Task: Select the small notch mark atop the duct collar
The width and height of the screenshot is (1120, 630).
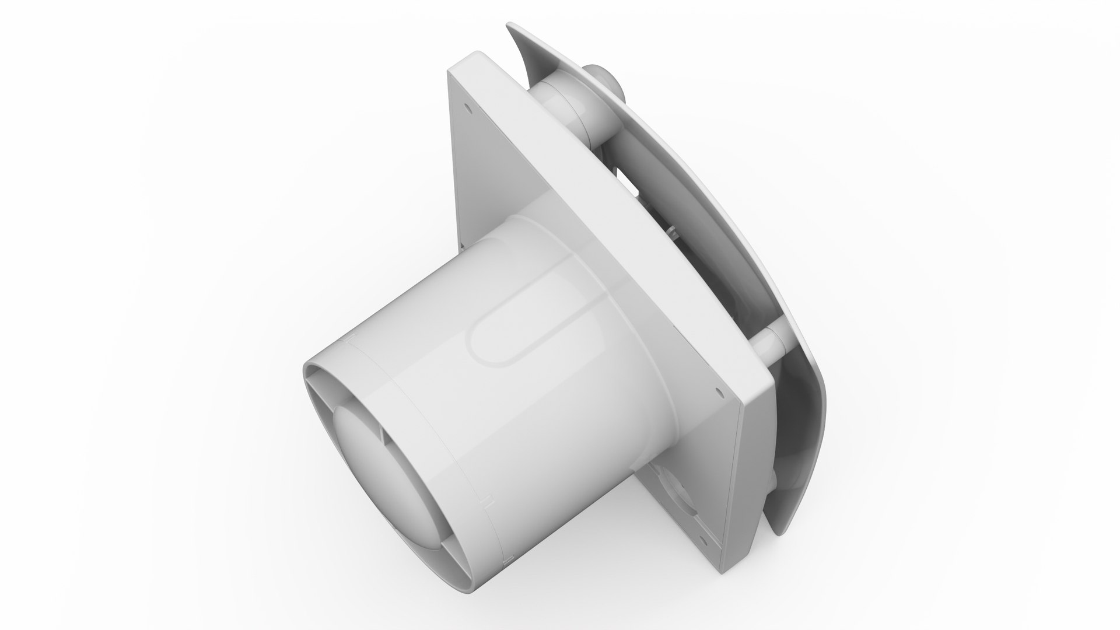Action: click(x=351, y=339)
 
